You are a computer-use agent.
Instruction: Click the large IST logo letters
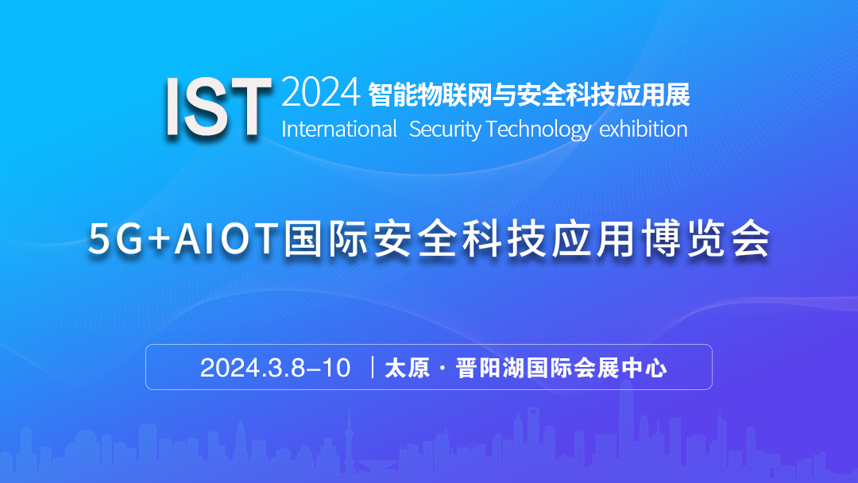(x=218, y=106)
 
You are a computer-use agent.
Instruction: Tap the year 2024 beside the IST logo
(x=321, y=92)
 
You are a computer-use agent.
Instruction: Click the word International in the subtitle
(x=339, y=129)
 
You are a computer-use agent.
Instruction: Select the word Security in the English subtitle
(x=445, y=130)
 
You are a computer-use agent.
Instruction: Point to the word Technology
(x=539, y=130)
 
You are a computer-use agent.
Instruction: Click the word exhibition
(x=643, y=129)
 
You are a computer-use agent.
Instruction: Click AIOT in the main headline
(x=225, y=239)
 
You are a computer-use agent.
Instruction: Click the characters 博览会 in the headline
(x=706, y=238)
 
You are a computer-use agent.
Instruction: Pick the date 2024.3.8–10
(x=275, y=368)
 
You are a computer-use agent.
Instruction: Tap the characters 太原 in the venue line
(x=408, y=368)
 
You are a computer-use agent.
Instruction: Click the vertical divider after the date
(x=373, y=367)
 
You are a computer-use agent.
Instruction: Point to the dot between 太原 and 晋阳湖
(x=443, y=368)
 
